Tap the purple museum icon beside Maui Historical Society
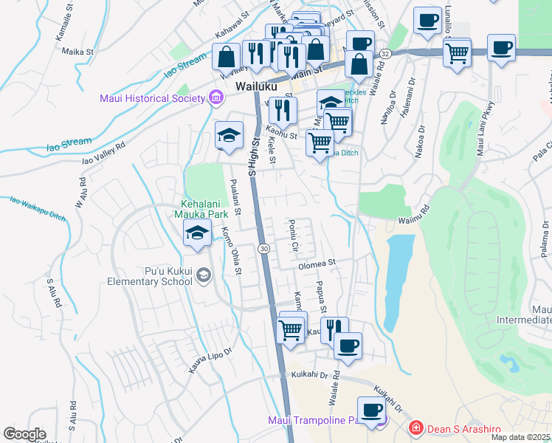click(x=215, y=97)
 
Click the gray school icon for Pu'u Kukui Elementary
click(x=204, y=276)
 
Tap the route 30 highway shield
click(x=263, y=249)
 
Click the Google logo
click(x=24, y=434)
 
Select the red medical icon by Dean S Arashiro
click(x=416, y=427)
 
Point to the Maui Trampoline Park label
click(x=318, y=421)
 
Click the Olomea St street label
click(x=317, y=262)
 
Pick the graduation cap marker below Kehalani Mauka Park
click(x=197, y=234)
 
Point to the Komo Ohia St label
click(x=231, y=250)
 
